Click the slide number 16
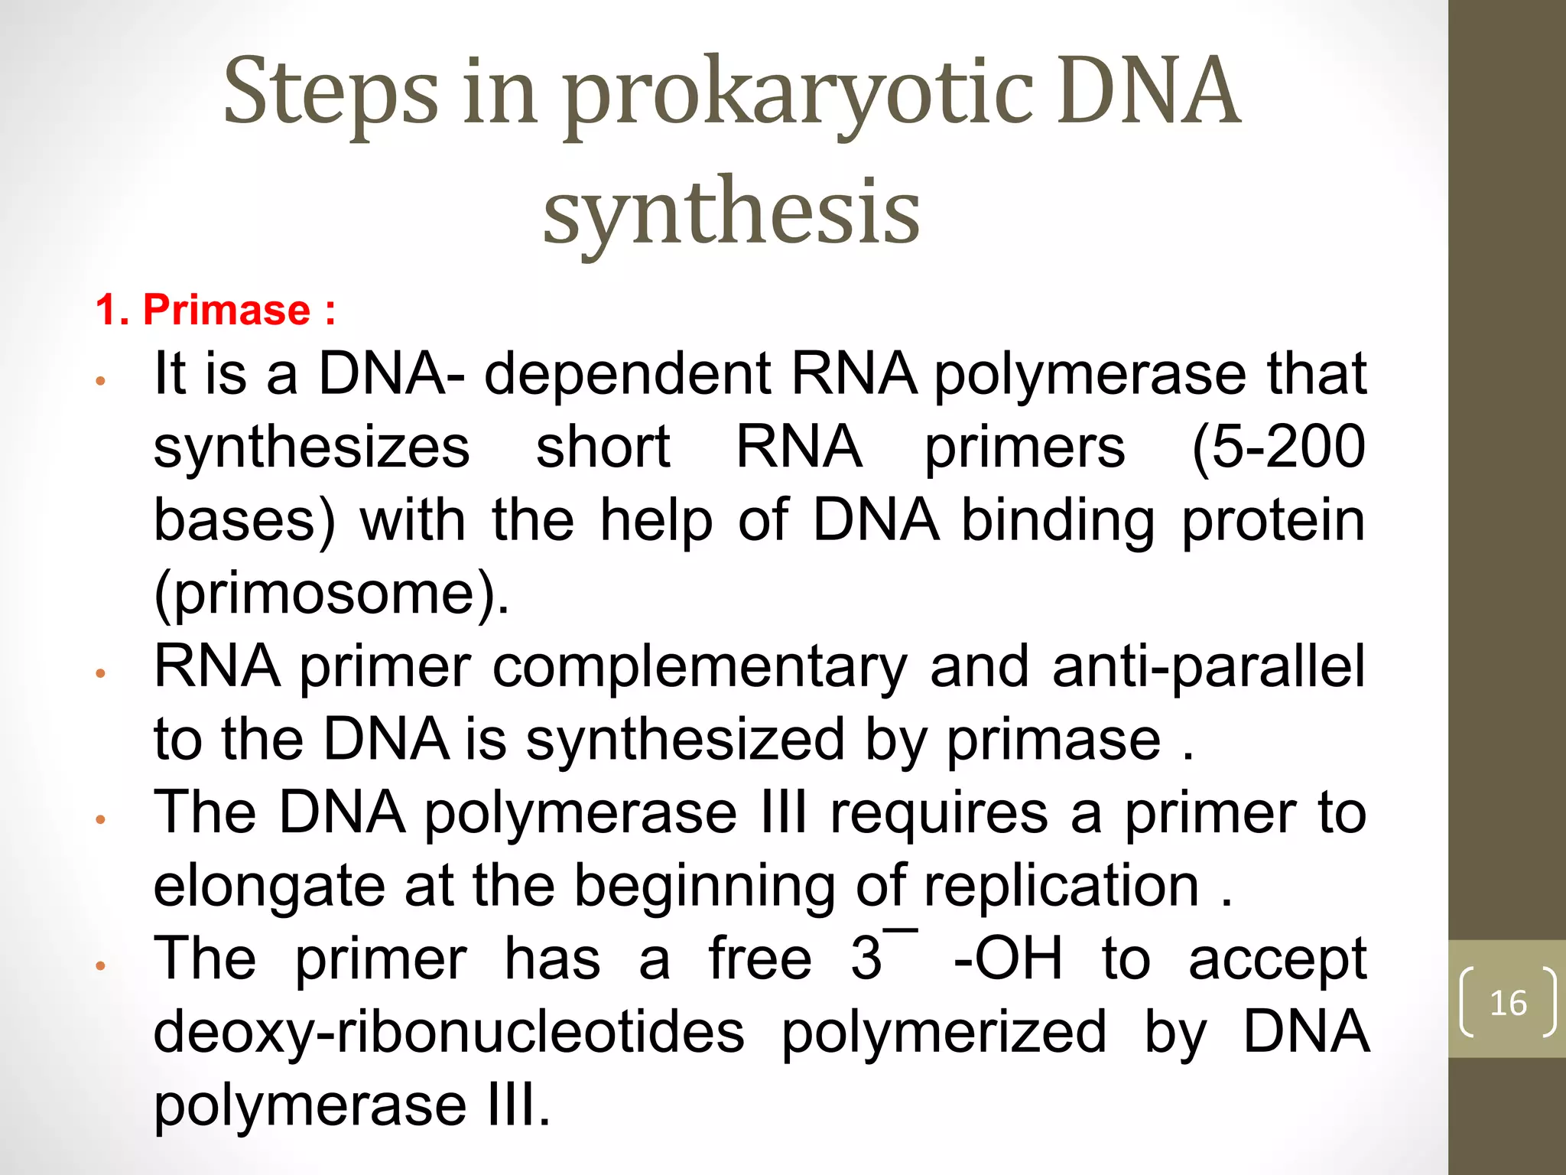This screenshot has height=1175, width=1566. coord(1508,1002)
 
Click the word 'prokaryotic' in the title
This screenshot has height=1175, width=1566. coord(799,96)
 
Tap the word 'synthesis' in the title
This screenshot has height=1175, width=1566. coord(731,212)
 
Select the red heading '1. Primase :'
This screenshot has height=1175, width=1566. coord(216,310)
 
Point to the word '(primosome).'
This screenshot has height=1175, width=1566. coord(331,594)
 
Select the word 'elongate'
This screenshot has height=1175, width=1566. coord(268,887)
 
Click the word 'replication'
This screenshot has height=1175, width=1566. coord(1061,887)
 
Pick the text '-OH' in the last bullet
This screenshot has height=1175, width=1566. coord(1008,959)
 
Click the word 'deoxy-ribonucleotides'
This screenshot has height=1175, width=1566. coord(449,1033)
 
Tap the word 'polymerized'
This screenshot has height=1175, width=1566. coord(944,1033)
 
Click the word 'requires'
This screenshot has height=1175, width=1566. coord(939,814)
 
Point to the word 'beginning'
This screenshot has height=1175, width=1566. coord(703,887)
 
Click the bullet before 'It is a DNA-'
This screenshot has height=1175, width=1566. coord(99,381)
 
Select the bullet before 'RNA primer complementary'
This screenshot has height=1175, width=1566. coord(99,673)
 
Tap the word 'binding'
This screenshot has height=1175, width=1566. coord(1058,521)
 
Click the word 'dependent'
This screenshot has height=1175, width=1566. coord(627,375)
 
